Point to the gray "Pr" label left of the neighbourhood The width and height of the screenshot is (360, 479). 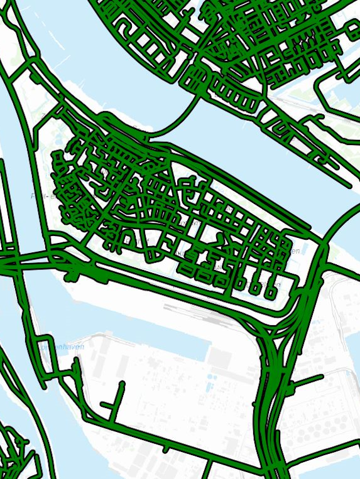pyautogui.click(x=35, y=196)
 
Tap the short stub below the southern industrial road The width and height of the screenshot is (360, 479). pyautogui.click(x=165, y=448)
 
